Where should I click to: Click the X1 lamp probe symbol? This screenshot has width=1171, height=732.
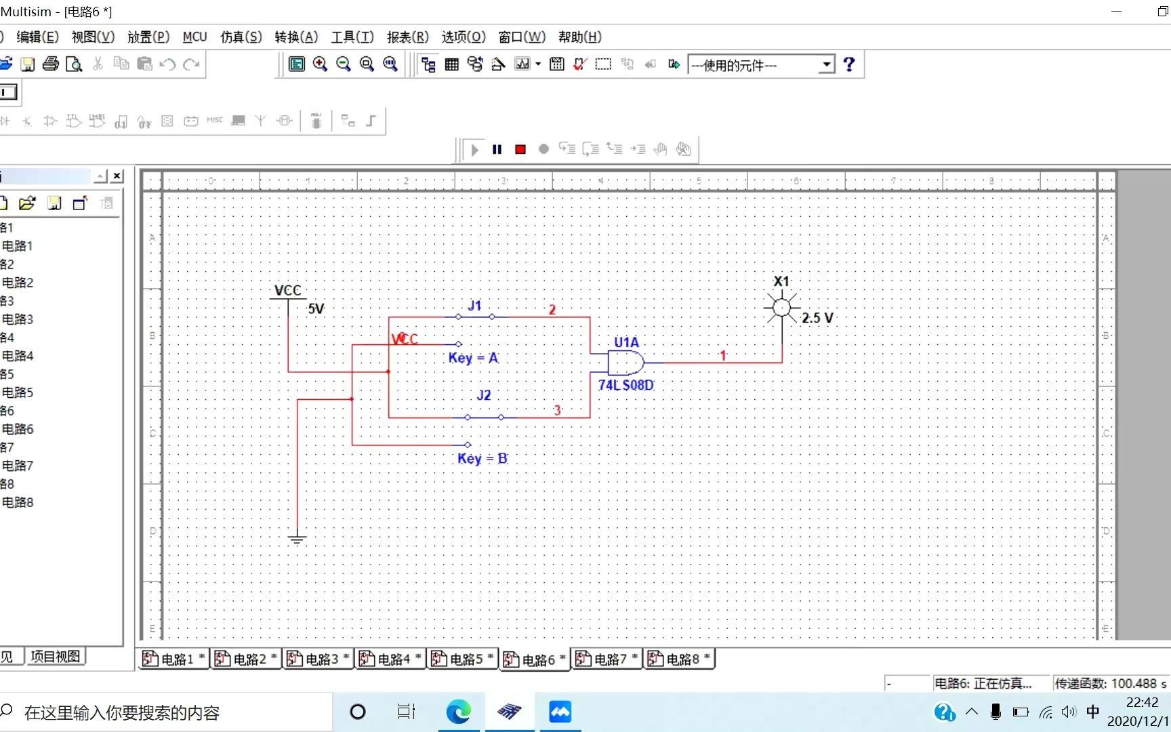(781, 308)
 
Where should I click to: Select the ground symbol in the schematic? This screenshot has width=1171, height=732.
(297, 539)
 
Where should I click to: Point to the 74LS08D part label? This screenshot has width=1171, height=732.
(625, 385)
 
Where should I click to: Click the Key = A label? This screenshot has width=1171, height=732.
(473, 358)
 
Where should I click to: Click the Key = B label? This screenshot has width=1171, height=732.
(482, 458)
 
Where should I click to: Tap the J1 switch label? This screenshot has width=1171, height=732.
(474, 306)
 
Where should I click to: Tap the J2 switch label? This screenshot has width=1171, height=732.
(483, 395)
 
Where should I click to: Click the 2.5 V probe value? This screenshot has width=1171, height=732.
(817, 318)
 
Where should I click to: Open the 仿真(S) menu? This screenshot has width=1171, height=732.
(241, 37)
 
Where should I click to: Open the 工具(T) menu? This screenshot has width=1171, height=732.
(352, 37)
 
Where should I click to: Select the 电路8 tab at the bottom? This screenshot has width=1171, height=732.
(678, 659)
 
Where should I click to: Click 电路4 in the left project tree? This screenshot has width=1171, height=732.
(18, 356)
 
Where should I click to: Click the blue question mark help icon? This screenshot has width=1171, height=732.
(849, 64)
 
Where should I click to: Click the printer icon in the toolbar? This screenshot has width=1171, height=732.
(51, 64)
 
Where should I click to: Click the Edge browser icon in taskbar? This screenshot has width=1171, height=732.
(458, 712)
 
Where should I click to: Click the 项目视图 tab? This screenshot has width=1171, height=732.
(55, 656)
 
